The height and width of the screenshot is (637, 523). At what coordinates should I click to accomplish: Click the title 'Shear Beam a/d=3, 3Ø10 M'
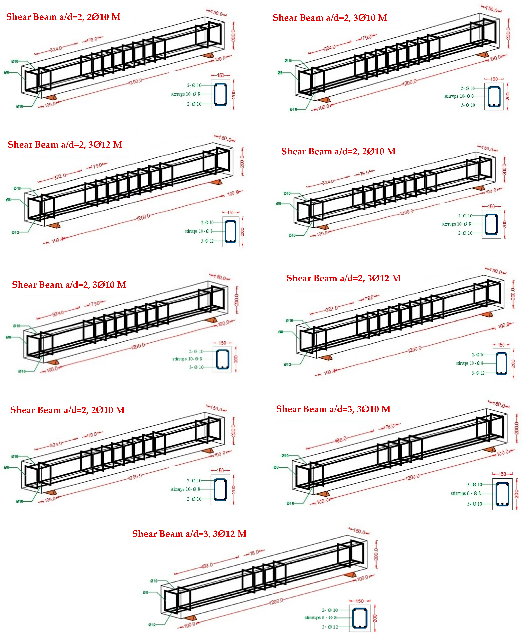(x=333, y=409)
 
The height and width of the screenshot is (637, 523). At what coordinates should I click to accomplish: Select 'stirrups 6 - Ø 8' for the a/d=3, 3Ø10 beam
(x=465, y=493)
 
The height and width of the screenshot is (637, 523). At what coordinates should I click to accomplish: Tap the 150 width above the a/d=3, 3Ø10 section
(x=502, y=474)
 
